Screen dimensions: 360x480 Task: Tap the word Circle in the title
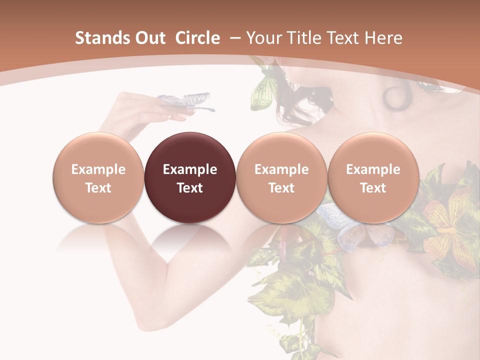point(197,38)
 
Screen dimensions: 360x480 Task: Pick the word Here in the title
point(383,38)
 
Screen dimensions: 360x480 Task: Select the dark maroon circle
point(189,177)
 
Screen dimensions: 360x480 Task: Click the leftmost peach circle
point(98,177)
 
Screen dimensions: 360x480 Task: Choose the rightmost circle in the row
point(373,177)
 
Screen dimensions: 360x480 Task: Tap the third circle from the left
point(281,177)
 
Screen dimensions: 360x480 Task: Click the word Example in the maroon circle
point(190,169)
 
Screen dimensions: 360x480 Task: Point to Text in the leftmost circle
point(98,188)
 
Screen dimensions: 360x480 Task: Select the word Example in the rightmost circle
point(373,169)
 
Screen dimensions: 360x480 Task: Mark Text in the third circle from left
point(281,188)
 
